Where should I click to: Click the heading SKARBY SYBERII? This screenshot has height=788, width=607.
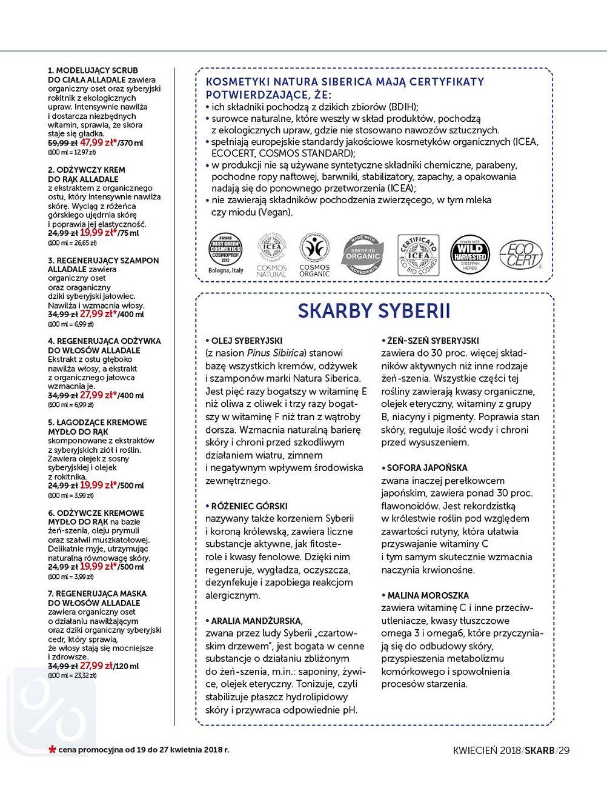tap(374, 311)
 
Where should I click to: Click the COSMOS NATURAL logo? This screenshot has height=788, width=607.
tap(272, 255)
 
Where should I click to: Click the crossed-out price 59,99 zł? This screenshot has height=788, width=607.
tap(62, 143)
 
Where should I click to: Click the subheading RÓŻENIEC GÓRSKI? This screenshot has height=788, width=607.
tap(249, 506)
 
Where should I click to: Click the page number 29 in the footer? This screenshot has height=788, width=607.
tap(564, 750)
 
